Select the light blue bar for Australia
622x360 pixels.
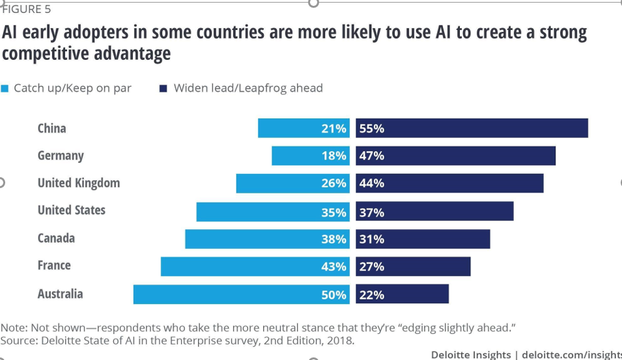point(228,294)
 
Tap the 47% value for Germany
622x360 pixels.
point(372,156)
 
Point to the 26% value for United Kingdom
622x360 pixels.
point(333,184)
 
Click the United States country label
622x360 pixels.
point(71,210)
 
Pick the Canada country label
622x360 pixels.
point(56,238)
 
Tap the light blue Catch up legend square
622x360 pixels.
point(5,89)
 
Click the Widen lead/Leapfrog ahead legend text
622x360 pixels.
point(247,88)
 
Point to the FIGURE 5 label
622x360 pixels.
point(27,9)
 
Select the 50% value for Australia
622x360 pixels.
point(333,295)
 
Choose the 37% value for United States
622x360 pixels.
point(372,212)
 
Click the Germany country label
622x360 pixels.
point(61,156)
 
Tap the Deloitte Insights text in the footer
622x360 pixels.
point(471,354)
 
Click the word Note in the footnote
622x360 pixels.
point(13,327)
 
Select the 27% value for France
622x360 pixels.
point(372,267)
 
